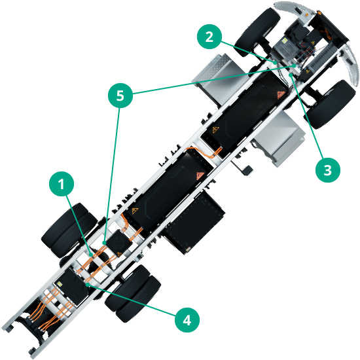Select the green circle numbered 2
point(208,37)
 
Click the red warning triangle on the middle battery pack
point(197,175)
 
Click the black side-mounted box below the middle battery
point(194,223)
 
